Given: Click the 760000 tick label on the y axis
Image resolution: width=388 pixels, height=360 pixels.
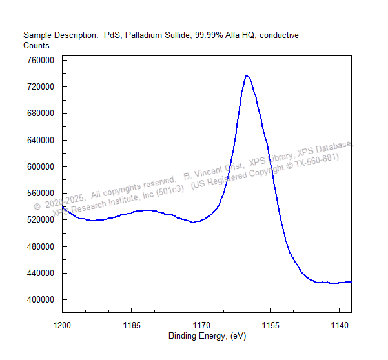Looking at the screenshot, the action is pos(41,61).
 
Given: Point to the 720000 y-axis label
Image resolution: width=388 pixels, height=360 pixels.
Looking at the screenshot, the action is pos(41,87).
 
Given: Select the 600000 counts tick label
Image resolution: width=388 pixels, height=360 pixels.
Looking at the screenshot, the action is pos(41,167).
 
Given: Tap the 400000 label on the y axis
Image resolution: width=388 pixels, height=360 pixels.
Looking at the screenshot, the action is pos(41,299).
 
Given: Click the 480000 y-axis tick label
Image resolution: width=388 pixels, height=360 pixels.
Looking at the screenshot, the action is pos(41,246).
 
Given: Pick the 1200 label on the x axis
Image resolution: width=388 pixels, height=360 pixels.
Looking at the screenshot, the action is pos(62,325).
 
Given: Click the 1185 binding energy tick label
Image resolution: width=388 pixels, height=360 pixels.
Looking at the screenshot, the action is pos(132,325).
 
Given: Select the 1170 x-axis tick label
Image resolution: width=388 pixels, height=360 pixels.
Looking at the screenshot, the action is pos(201,325).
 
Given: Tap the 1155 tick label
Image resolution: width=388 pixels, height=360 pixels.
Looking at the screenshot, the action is pos(271,325).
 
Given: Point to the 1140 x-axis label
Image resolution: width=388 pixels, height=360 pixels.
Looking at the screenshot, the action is pos(340,325).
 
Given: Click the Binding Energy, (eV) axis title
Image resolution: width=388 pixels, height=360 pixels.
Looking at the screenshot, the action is pos(207,336).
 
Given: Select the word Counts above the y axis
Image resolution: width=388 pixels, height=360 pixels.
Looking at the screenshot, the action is pos(36,46).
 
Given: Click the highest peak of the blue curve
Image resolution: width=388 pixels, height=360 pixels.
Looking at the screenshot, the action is pos(247,76).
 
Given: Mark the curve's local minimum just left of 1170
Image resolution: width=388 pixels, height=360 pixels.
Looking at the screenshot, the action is pos(193,223).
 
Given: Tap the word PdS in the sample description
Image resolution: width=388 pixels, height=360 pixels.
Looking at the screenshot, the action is pos(112,35).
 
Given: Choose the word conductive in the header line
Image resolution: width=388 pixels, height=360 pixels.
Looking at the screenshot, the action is pos(279,35).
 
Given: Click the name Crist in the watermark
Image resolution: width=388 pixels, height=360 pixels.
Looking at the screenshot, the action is pos(234,167).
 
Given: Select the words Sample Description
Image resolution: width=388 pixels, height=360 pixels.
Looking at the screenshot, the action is pos(61,35).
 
